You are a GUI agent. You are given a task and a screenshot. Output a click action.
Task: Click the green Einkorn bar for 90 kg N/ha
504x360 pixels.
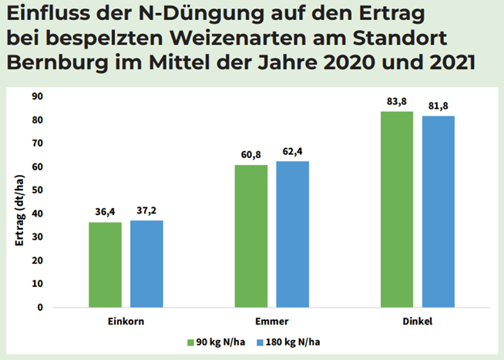point(105,264)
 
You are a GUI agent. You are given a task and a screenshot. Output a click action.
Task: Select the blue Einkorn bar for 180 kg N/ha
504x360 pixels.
point(146,264)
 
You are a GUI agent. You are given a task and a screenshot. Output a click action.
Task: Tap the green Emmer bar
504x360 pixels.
point(252,236)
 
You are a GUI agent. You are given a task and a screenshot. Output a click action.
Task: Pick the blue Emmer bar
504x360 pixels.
point(294,234)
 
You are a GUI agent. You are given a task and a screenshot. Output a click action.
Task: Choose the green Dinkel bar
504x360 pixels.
point(398,209)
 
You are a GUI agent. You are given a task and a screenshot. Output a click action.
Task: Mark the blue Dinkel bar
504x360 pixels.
point(439,211)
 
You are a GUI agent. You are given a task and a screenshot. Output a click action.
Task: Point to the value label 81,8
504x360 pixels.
point(438,106)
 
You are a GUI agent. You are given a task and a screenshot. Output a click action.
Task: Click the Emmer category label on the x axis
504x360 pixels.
point(272,320)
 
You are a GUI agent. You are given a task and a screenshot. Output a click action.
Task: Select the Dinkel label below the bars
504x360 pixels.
point(418,320)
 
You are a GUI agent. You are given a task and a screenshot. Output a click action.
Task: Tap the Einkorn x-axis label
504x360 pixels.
point(126,320)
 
